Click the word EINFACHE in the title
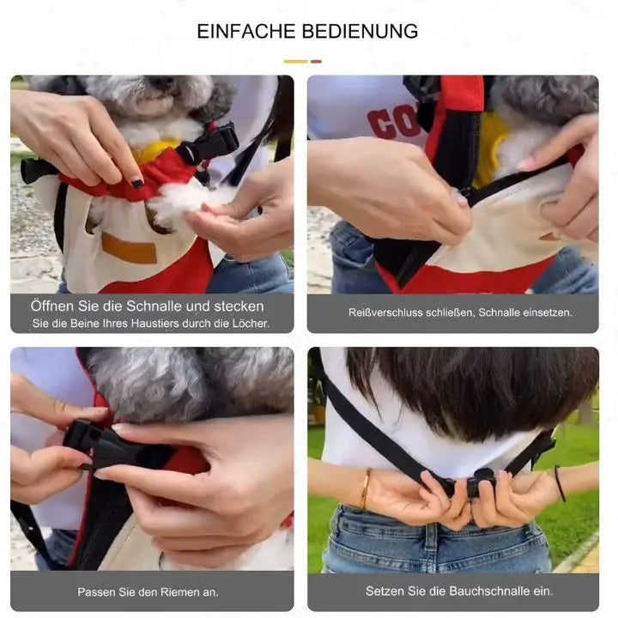click(x=246, y=32)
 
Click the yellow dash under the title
click(x=295, y=62)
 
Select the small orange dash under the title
click(x=316, y=62)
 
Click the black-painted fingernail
click(x=137, y=183)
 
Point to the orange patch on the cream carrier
click(x=130, y=248)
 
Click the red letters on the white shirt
click(x=391, y=123)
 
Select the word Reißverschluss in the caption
click(x=385, y=312)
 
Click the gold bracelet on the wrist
click(x=366, y=488)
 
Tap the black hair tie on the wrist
click(x=560, y=483)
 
